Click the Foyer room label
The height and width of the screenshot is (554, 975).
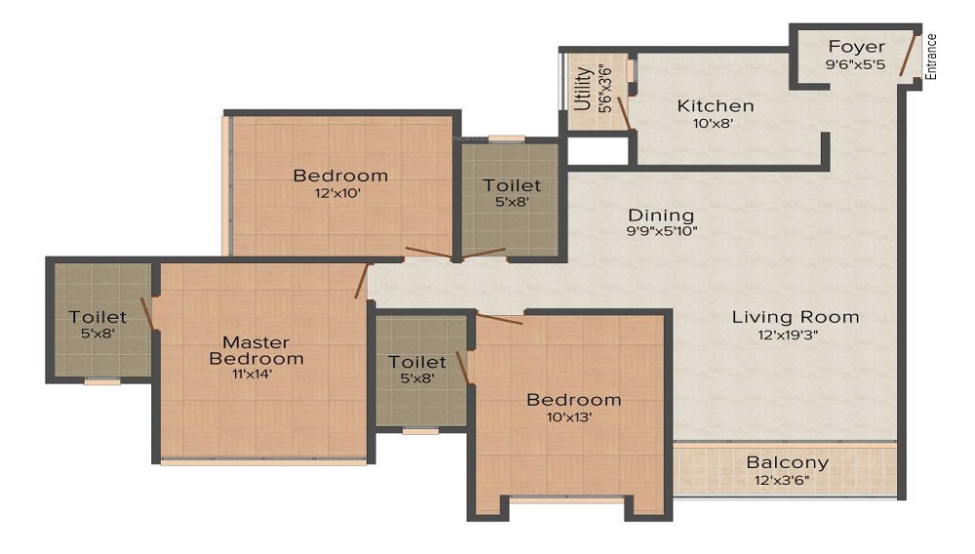[x=856, y=47]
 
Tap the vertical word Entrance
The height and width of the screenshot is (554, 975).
[x=931, y=57]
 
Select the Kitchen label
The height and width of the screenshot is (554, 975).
[x=716, y=105]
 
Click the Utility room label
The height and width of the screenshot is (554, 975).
[x=583, y=89]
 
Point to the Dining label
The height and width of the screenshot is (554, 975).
[x=661, y=215]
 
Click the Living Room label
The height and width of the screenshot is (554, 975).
[x=796, y=316]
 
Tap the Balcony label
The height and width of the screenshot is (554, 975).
[x=787, y=462]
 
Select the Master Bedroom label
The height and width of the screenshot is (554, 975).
[x=256, y=350]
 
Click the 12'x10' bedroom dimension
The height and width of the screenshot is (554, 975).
[x=340, y=193]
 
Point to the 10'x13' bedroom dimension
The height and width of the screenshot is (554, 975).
[x=573, y=416]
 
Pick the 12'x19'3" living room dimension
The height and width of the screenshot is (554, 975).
[x=796, y=335]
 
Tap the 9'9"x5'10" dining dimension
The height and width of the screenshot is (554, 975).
[x=661, y=232]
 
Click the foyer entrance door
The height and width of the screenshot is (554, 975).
[x=909, y=59]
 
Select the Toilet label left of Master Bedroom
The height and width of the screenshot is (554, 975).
[x=97, y=317]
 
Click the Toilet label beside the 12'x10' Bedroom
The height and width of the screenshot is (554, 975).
[x=512, y=184]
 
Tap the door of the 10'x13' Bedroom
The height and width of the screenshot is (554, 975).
[x=498, y=319]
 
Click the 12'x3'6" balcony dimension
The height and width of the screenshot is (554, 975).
[x=787, y=480]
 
